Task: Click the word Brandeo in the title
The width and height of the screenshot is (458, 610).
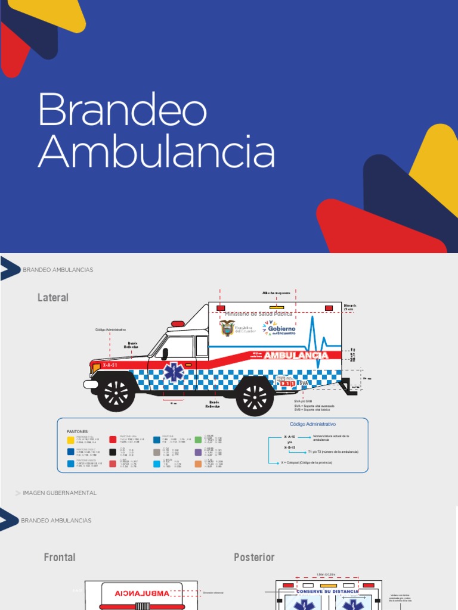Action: click(123, 110)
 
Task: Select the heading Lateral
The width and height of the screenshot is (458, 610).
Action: click(53, 297)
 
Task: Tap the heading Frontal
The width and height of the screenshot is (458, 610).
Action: click(60, 557)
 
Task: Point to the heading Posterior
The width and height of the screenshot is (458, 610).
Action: click(254, 557)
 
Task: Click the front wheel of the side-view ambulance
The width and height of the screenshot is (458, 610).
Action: click(116, 393)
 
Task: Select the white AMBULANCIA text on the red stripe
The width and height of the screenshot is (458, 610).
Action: click(296, 356)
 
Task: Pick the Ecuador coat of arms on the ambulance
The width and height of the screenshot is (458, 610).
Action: click(227, 328)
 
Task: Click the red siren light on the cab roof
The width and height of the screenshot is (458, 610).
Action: click(178, 324)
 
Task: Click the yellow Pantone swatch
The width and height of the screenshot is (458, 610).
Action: click(70, 440)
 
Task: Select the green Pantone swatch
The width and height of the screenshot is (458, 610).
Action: click(198, 440)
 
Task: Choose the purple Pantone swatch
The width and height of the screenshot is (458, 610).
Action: click(198, 452)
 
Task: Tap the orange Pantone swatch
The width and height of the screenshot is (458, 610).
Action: click(198, 464)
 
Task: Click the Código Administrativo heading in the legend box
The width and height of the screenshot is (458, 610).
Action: click(312, 424)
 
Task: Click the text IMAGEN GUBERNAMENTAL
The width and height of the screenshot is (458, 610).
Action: click(60, 493)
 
